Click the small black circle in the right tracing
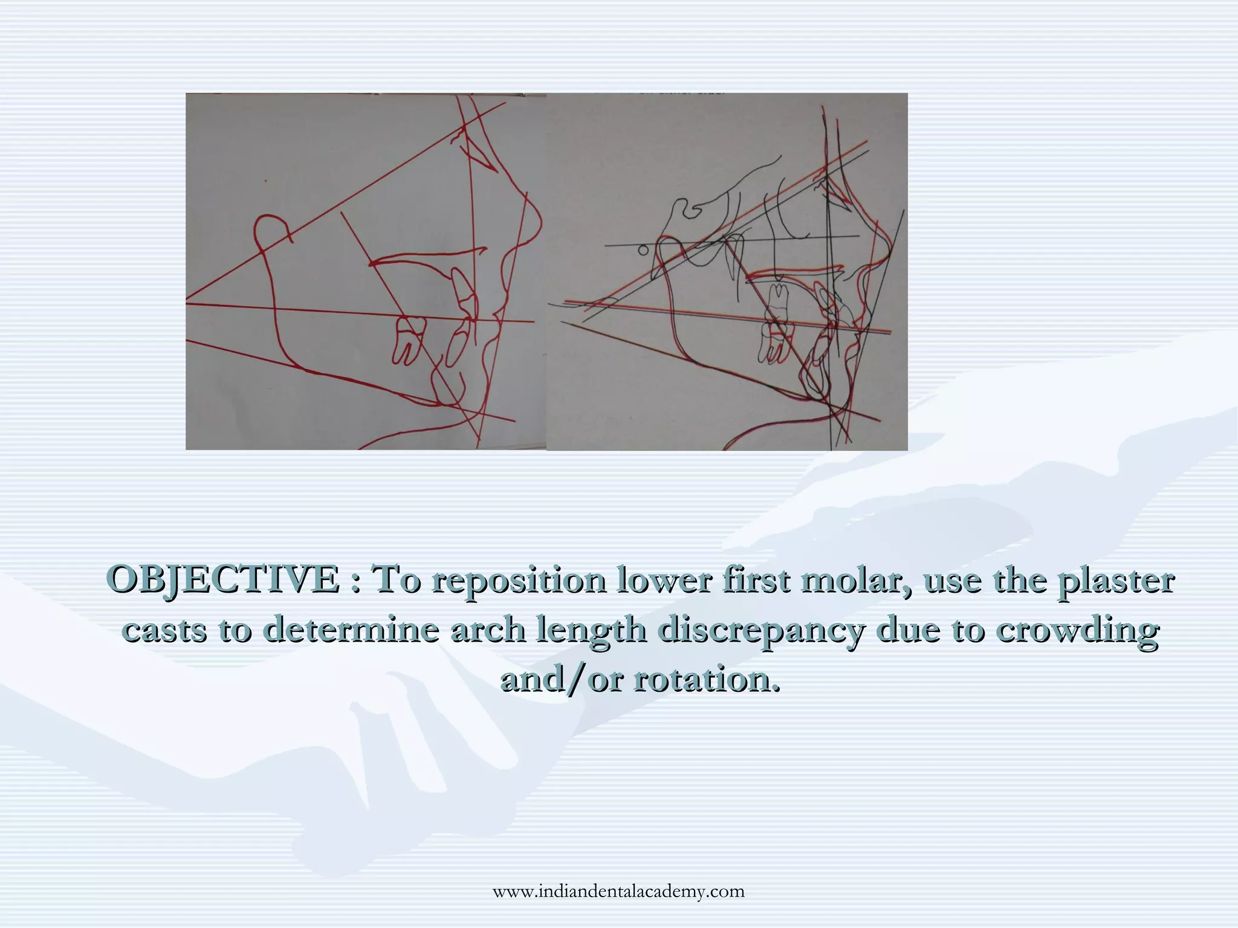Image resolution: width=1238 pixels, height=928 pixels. click(x=643, y=250)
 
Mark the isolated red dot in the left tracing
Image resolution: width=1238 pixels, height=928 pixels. click(x=265, y=180)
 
